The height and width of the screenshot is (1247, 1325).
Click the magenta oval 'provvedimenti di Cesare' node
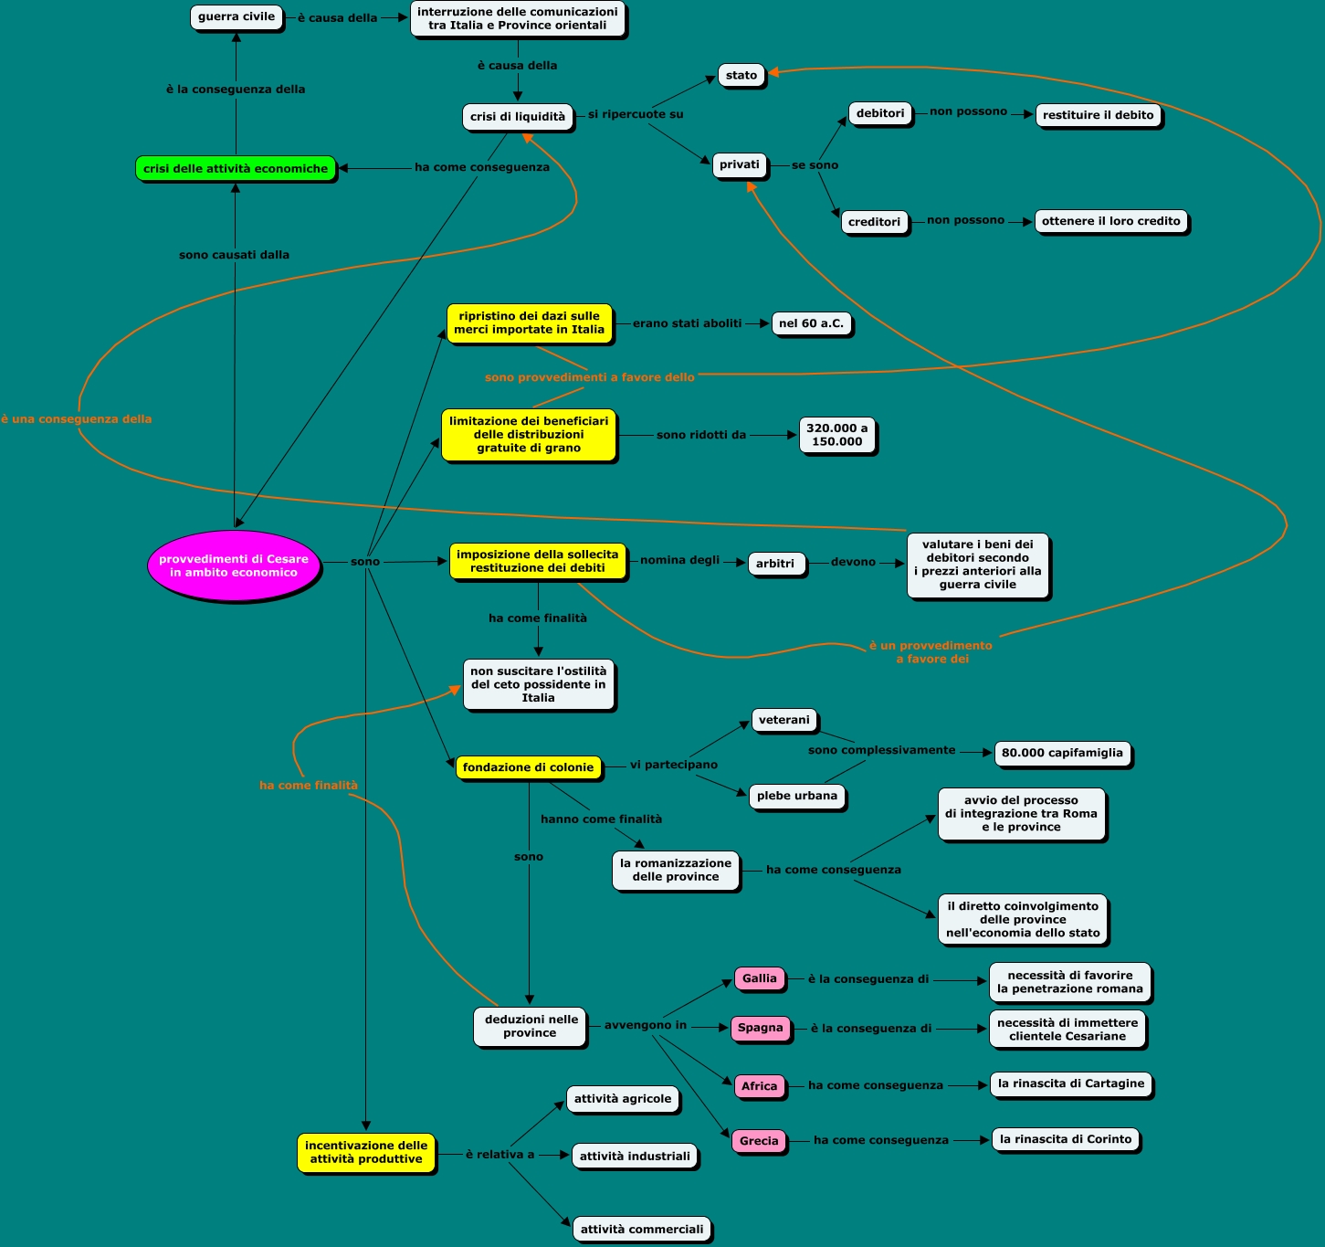tap(234, 565)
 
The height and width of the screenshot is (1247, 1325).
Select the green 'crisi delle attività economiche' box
tap(236, 168)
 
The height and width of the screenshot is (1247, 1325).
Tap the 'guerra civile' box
tap(237, 16)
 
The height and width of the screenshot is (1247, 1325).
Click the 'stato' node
tap(741, 75)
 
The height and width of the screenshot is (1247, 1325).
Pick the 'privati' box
tap(740, 164)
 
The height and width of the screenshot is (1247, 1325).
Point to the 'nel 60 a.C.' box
tap(811, 323)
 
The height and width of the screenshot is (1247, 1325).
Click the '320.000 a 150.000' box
tap(837, 435)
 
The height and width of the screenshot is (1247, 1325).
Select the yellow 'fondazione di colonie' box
tap(528, 767)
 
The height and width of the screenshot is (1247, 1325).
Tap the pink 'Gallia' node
tap(760, 978)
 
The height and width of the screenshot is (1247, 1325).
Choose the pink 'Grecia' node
tap(759, 1141)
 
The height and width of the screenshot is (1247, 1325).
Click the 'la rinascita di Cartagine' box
tap(1071, 1083)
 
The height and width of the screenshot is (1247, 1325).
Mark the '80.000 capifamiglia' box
tap(1062, 753)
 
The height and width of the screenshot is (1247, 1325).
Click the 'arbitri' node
tap(775, 564)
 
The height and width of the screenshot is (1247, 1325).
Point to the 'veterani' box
tap(784, 720)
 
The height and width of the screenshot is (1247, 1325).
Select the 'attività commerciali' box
tap(642, 1229)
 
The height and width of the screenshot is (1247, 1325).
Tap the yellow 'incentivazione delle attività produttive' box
tap(365, 1152)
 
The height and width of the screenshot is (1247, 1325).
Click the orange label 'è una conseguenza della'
tap(77, 419)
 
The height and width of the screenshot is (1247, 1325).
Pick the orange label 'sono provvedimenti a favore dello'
tap(590, 377)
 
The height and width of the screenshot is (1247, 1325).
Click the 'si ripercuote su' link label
tap(636, 114)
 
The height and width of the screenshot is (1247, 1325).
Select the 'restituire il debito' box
tap(1099, 115)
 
